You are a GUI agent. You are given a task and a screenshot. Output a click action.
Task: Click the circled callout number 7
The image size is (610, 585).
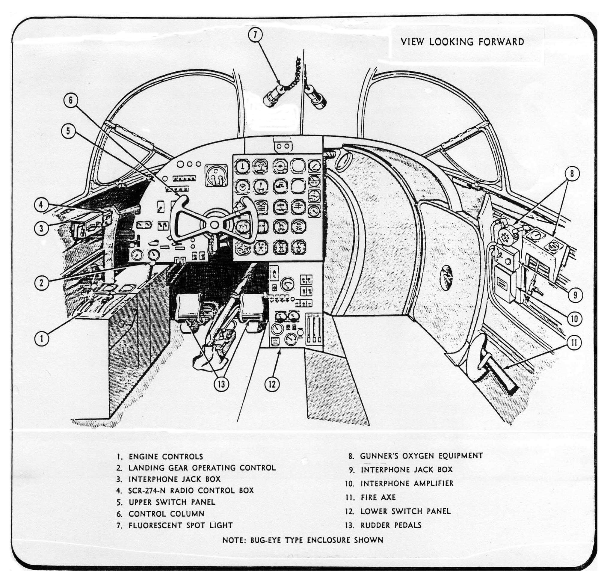coord(255,34)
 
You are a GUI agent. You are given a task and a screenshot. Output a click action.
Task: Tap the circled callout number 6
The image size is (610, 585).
coord(70,100)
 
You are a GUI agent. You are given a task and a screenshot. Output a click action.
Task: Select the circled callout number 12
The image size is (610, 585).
coord(272,385)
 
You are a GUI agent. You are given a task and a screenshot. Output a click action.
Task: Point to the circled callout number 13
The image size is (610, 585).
coord(221,385)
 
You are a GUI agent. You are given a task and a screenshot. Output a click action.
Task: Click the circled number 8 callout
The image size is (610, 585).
coord(572,174)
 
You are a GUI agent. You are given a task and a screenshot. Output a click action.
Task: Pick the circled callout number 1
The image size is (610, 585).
coord(41,338)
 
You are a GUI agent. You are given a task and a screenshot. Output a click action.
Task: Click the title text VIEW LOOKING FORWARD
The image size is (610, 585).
coord(462,42)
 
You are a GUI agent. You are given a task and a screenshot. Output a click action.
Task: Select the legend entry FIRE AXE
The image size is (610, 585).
coord(378,497)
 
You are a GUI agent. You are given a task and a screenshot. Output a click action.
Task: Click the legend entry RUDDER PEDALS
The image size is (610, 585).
coord(391,525)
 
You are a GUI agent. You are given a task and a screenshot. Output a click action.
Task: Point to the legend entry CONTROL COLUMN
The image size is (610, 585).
coord(167,514)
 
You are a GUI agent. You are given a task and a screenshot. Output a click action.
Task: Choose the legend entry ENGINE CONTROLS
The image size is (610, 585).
coord(166,457)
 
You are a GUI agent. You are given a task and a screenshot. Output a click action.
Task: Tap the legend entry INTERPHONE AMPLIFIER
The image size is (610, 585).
coord(407,483)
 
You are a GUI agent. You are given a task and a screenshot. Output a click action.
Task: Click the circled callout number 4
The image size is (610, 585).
coord(41,205)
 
